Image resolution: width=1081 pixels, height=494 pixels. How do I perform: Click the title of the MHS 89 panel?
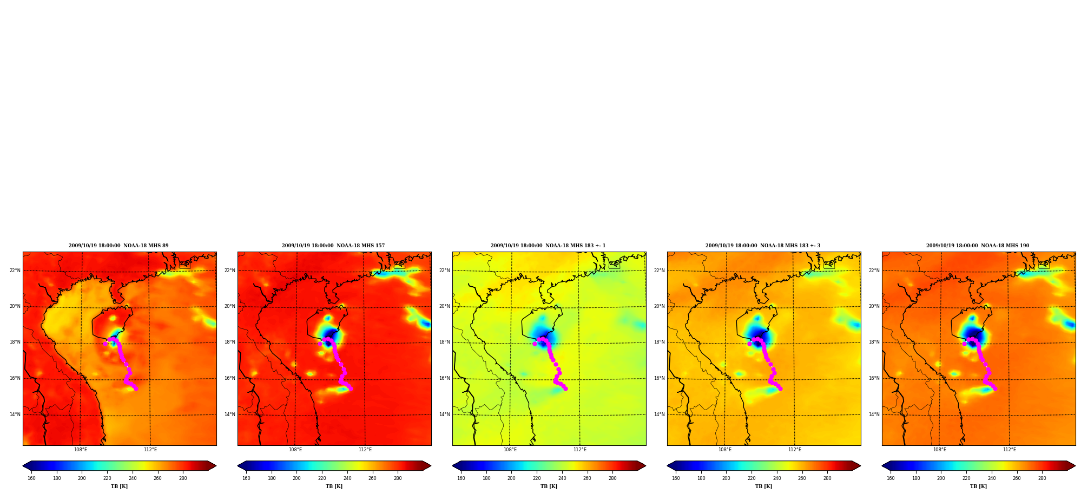[118, 246]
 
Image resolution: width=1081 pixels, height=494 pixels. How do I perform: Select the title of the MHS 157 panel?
[333, 246]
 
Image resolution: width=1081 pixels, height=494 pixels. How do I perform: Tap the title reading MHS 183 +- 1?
[548, 246]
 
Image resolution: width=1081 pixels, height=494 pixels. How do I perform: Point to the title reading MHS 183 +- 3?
[763, 246]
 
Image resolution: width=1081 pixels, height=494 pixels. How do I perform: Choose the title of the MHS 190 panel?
[978, 246]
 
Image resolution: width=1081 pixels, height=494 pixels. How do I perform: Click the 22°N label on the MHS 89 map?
[15, 271]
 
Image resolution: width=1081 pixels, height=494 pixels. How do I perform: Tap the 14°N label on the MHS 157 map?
[230, 414]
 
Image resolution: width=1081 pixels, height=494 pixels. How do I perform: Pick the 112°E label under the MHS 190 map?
[1010, 450]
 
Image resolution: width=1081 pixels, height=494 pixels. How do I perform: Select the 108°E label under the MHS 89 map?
[81, 450]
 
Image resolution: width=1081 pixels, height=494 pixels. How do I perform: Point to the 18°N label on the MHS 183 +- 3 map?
[660, 342]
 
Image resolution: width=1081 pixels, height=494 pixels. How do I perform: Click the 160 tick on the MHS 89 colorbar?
[31, 478]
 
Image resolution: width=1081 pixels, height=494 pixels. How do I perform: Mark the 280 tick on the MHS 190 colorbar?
[1042, 478]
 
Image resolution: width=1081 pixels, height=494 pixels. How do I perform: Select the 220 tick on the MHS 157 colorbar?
[322, 478]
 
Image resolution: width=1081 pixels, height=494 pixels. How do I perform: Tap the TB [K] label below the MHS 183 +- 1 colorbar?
[549, 486]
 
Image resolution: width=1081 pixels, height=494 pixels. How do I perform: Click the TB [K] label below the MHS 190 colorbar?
[978, 486]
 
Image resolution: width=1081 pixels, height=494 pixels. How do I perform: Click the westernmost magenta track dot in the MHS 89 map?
[105, 344]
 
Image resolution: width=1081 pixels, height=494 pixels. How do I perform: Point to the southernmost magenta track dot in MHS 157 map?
[351, 388]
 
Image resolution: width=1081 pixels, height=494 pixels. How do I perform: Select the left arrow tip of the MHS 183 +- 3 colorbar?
[668, 466]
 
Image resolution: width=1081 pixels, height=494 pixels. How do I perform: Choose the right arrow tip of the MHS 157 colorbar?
[431, 466]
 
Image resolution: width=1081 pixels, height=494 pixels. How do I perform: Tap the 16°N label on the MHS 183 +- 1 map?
[445, 378]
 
